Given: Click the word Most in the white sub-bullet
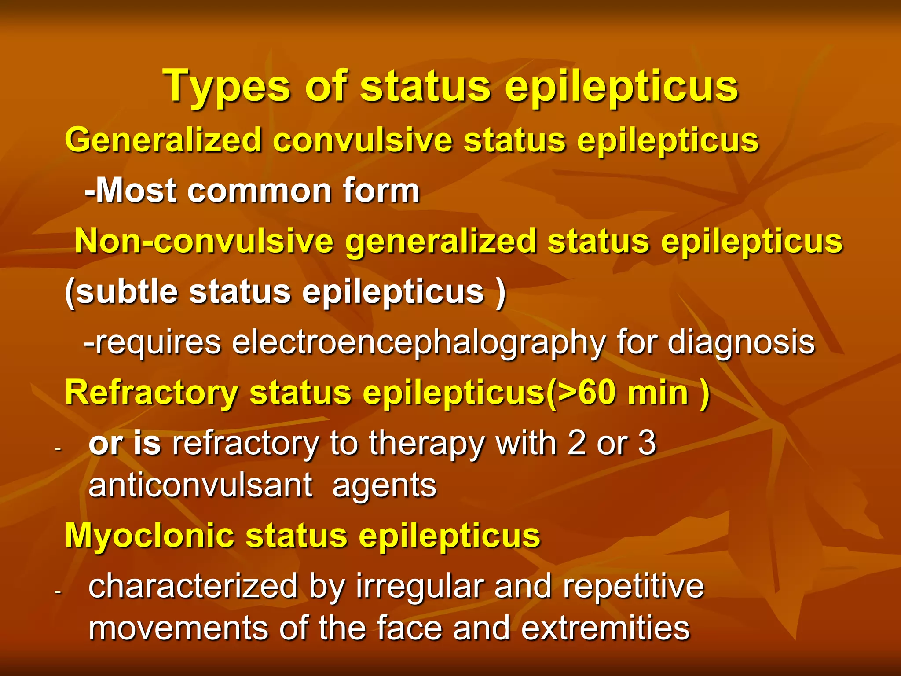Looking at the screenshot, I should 136,191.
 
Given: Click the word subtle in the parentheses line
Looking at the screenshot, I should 127,292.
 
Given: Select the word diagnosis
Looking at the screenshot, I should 741,342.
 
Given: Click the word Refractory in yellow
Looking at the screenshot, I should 151,393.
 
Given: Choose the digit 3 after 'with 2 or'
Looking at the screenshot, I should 647,443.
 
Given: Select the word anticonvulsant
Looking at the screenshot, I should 201,485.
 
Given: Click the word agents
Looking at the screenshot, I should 384,486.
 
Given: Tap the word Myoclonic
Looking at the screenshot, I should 149,536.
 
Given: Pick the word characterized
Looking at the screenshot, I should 193,587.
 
